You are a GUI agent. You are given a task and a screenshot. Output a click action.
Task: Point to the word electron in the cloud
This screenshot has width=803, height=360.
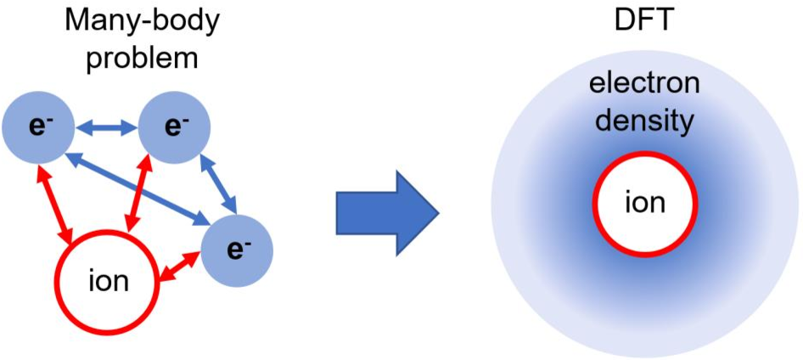pyautogui.click(x=646, y=84)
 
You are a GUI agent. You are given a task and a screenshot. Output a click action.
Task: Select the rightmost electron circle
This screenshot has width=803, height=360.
pyautogui.click(x=240, y=249)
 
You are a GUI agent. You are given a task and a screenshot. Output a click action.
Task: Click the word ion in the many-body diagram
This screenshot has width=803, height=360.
pyautogui.click(x=108, y=281)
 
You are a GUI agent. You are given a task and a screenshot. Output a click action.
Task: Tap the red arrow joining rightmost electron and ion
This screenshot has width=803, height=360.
pyautogui.click(x=180, y=269)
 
